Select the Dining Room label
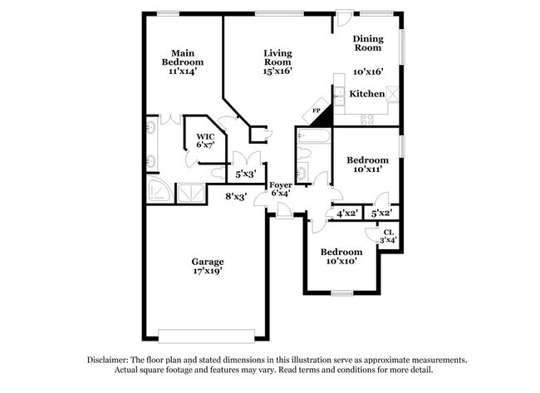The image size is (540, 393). (x=368, y=43)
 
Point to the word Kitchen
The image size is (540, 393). (x=366, y=95)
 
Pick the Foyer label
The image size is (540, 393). (x=280, y=185)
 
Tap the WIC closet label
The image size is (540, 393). (x=204, y=135)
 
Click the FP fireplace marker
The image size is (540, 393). (x=317, y=111)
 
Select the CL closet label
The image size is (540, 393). (x=388, y=232)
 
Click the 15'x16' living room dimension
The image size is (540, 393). (x=278, y=71)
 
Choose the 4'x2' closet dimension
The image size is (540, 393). (x=347, y=214)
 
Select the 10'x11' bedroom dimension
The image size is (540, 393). (x=367, y=169)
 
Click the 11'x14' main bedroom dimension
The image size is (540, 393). (x=181, y=71)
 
